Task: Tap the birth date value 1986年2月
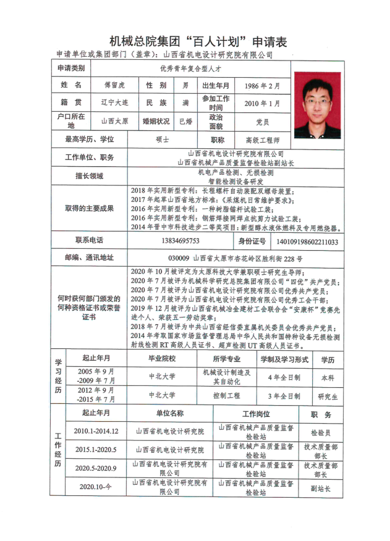pos(262,86)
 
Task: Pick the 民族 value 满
pos(185,103)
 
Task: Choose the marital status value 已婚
pos(185,122)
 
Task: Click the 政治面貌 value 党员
pos(262,122)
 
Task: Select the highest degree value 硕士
pos(163,140)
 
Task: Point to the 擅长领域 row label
pos(89,176)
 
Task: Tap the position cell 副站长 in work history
pos(321,488)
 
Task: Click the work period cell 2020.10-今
pos(96,487)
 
